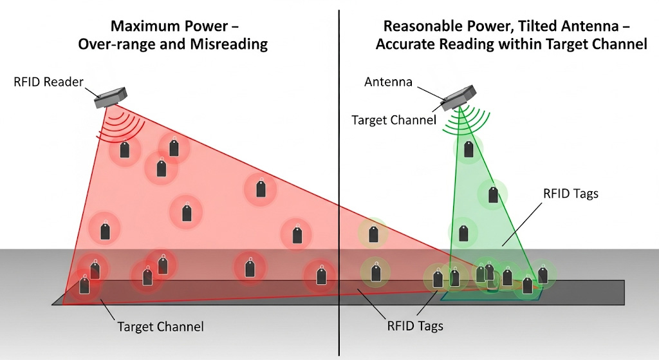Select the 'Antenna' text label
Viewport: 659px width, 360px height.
point(387,82)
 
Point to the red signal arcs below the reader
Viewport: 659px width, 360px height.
point(122,126)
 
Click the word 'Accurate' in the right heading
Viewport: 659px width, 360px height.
point(404,44)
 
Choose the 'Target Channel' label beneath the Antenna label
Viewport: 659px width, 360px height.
point(394,120)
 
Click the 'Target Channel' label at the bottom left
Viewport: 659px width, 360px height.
point(160,327)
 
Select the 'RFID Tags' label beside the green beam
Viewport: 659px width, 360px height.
point(570,193)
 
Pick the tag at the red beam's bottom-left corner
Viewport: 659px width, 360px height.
point(84,284)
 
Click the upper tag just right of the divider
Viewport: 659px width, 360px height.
point(373,234)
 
